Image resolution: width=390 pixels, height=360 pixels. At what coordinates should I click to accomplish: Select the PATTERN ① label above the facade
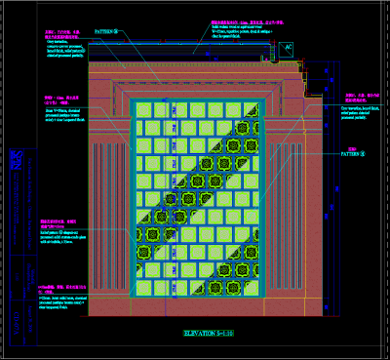107,31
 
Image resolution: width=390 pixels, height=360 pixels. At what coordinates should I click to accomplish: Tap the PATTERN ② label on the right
353,153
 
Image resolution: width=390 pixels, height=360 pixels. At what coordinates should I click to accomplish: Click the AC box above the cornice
288,47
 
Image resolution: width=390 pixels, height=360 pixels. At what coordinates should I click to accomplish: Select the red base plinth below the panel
195,310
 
